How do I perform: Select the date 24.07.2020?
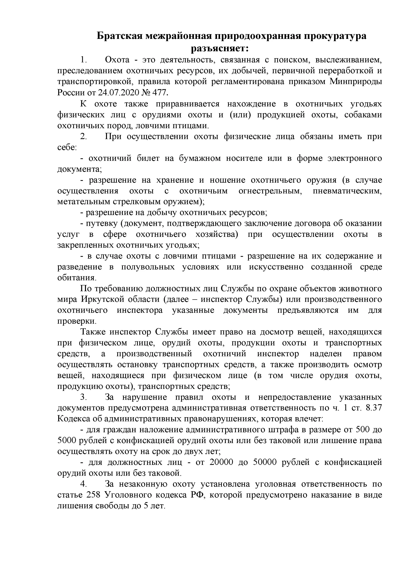click(x=116, y=93)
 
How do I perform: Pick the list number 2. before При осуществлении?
click(x=83, y=136)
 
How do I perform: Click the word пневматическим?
click(x=347, y=191)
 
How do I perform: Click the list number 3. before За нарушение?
click(x=83, y=397)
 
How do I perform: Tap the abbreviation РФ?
click(x=196, y=495)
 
